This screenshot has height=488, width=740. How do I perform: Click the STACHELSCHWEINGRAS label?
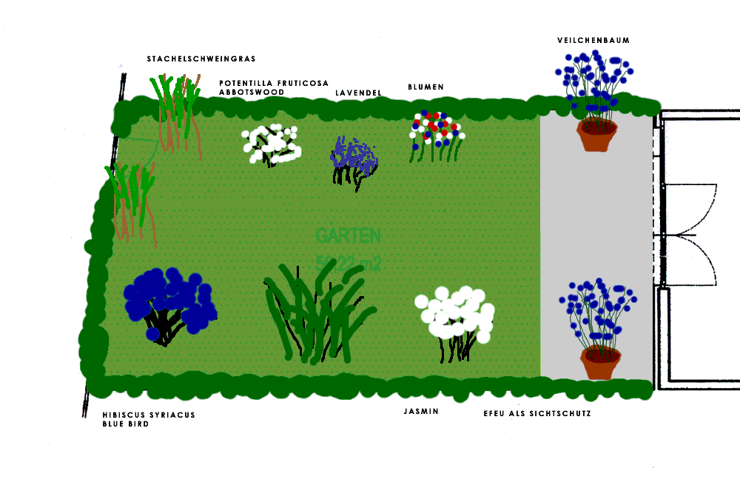tap(201, 59)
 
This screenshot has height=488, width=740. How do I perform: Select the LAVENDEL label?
tap(358, 93)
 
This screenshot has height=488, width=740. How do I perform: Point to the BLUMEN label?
tap(425, 87)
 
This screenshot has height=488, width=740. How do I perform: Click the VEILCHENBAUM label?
tap(593, 41)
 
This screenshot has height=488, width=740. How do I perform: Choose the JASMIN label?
tap(421, 411)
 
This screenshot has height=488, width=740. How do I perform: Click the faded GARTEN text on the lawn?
tap(348, 236)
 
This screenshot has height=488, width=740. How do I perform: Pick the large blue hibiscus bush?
tap(169, 301)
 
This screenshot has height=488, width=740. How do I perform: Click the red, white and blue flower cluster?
tap(437, 130)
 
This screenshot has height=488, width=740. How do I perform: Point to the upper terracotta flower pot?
tap(596, 134)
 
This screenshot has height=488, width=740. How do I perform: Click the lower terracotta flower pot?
tap(601, 363)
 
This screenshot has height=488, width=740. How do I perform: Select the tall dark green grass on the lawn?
tap(317, 311)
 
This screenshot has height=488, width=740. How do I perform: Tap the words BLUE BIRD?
tap(126, 425)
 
